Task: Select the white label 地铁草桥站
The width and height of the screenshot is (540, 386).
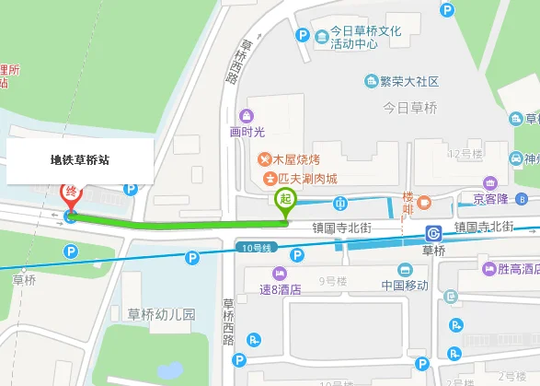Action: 79,159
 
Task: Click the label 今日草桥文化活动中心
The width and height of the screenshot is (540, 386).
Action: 365,37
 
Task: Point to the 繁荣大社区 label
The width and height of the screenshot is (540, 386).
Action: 408,81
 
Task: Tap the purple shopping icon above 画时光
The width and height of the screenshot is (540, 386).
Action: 247,115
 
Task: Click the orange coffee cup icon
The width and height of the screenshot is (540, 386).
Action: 424,201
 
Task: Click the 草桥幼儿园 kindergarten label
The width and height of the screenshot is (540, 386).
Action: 162,313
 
